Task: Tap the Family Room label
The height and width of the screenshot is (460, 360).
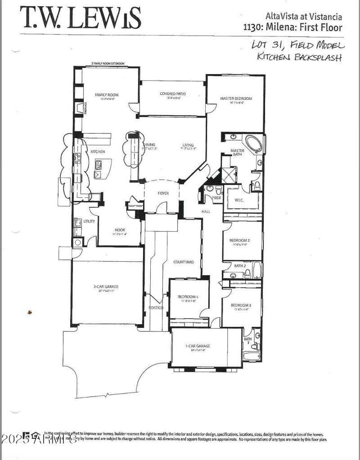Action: coord(106,95)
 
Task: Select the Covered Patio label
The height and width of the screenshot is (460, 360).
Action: coord(173,94)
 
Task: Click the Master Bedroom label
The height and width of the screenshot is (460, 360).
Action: coord(236,98)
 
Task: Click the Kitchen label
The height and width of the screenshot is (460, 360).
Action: coord(98,152)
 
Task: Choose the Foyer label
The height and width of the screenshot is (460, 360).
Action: coord(163,193)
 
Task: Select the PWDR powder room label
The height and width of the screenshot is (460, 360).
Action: coord(216,197)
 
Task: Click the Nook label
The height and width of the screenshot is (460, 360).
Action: coord(119,230)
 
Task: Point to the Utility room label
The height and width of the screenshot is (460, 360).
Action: coord(89,221)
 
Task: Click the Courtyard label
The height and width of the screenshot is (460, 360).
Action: coord(184,262)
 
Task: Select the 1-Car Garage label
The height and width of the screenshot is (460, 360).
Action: coord(198,346)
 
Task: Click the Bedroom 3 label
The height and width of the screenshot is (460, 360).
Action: coord(241,305)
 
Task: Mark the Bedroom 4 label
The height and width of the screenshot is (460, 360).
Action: coord(188,297)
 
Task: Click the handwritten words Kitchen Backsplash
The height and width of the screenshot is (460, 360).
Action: coord(299,57)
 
